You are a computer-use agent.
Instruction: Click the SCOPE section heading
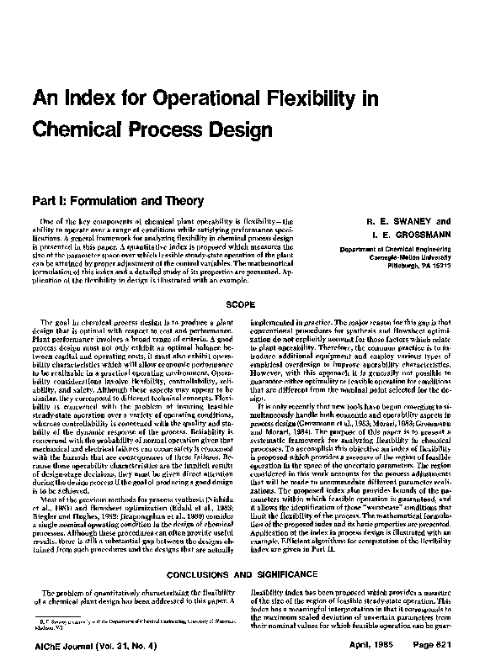[x=242, y=300]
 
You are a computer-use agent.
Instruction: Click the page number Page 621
[x=433, y=652]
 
